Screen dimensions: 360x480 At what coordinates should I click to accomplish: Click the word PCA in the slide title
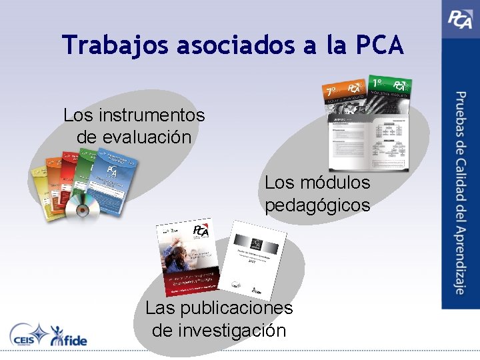pos(379,45)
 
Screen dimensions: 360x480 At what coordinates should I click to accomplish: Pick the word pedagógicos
pos(317,205)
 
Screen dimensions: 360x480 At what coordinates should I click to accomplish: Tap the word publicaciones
pos(236,308)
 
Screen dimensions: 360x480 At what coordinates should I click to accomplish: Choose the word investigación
pos(219,330)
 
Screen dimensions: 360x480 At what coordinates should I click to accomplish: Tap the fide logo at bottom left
pos(69,335)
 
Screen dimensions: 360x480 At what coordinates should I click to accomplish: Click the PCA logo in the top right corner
pos(460,19)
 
